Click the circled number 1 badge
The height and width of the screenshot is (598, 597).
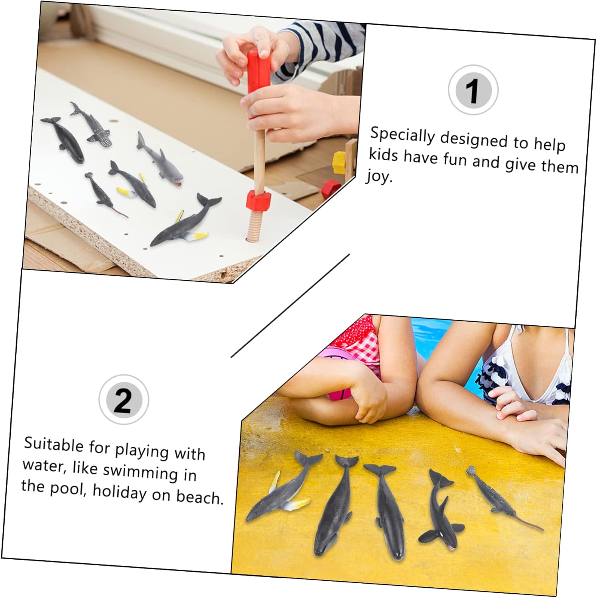[473, 90]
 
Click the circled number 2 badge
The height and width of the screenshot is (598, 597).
[124, 399]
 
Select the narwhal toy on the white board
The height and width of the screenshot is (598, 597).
[104, 194]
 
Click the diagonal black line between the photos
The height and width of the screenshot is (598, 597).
[290, 305]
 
